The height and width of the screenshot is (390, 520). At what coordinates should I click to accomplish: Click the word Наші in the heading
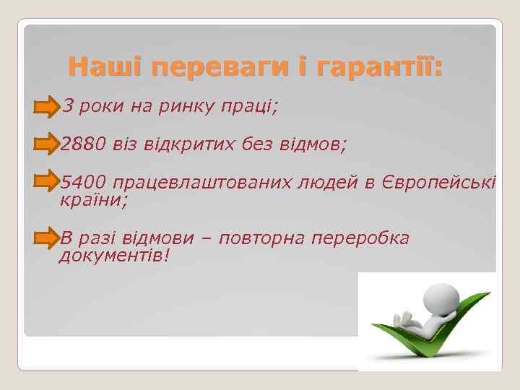105,69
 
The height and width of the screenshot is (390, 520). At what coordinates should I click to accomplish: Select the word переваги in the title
220,69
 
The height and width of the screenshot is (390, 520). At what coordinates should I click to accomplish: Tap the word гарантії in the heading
380,69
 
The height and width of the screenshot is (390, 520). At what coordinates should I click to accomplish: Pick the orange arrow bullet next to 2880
47,144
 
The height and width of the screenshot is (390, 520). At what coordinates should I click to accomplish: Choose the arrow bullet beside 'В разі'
47,238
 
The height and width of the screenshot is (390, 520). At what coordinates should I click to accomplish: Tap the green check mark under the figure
433,339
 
